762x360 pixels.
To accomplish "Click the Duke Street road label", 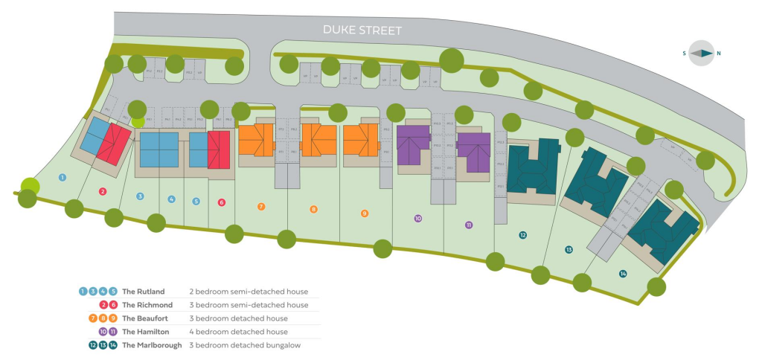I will [362, 30].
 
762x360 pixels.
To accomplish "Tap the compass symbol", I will [701, 54].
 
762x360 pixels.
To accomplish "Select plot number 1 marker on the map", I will [63, 177].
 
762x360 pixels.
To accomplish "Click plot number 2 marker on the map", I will [103, 191].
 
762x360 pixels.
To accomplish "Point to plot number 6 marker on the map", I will [221, 202].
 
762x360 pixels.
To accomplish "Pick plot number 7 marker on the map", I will [261, 206].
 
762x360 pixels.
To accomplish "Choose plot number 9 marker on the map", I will [365, 213].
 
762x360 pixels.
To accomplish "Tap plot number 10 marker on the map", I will [418, 219].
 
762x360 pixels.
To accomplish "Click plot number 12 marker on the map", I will [523, 235].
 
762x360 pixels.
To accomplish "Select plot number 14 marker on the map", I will [623, 274].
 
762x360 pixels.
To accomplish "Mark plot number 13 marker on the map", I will [569, 250].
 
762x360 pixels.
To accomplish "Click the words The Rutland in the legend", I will [144, 292].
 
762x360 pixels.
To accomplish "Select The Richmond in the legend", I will [147, 305].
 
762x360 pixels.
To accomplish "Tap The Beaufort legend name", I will [145, 318].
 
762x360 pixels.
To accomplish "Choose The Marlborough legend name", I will [152, 345].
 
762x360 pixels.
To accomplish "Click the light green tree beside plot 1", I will [30, 186].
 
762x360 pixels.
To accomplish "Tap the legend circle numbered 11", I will [113, 332].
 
